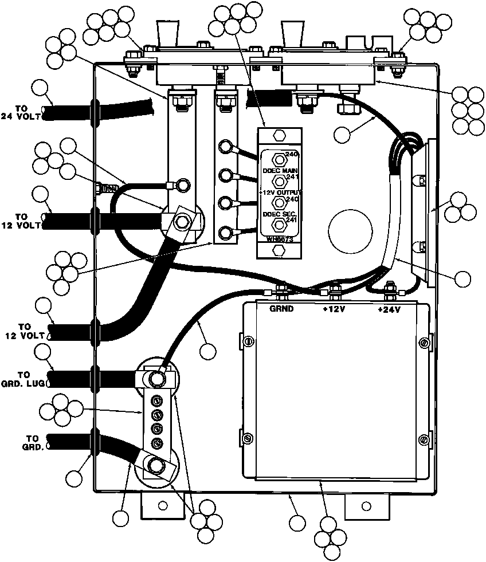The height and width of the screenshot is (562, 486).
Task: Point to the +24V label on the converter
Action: coord(390,309)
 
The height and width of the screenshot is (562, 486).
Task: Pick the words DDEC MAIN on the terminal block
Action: coord(279,171)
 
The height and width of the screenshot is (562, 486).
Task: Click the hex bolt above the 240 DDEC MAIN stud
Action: coord(279,136)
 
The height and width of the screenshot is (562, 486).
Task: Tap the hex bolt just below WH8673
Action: coord(279,250)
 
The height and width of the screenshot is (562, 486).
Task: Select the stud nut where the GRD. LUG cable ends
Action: coord(155,378)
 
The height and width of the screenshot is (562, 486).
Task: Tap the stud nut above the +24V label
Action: coord(390,289)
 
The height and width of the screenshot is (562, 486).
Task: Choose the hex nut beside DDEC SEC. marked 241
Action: coord(280,224)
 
